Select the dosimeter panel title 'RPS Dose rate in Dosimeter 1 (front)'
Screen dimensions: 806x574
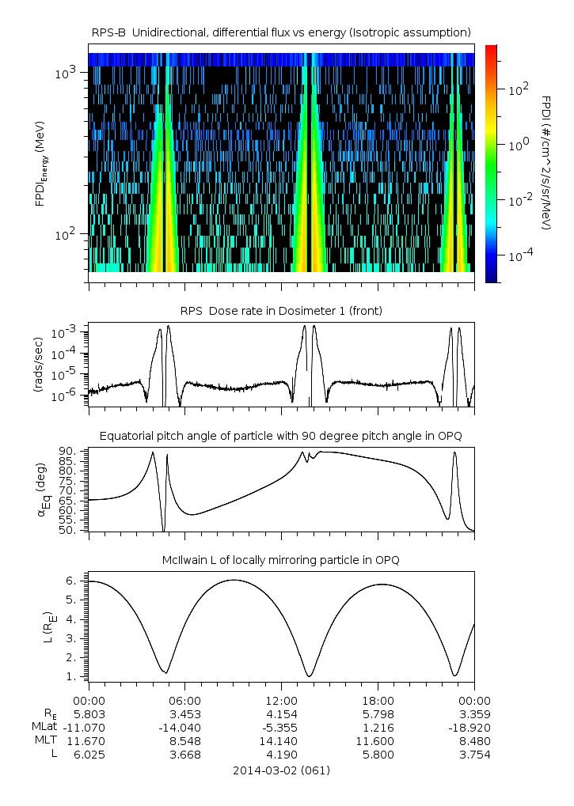pyautogui.click(x=281, y=311)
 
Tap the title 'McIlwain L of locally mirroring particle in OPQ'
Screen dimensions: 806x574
pyautogui.click(x=281, y=560)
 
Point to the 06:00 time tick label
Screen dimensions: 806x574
pyautogui.click(x=185, y=700)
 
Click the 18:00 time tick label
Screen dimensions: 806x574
pyautogui.click(x=378, y=700)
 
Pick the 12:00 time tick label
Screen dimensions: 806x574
pyautogui.click(x=281, y=700)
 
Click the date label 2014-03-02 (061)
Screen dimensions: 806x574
pyautogui.click(x=281, y=770)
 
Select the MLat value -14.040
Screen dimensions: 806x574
pyautogui.click(x=185, y=727)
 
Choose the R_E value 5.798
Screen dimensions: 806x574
pyautogui.click(x=378, y=713)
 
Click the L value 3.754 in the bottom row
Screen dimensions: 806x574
pyautogui.click(x=473, y=754)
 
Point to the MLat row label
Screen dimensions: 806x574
pyautogui.click(x=44, y=727)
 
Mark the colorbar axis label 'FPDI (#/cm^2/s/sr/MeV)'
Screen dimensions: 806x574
pyautogui.click(x=545, y=163)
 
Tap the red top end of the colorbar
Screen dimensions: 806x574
pyautogui.click(x=491, y=48)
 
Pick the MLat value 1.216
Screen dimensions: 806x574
pyautogui.click(x=378, y=727)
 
